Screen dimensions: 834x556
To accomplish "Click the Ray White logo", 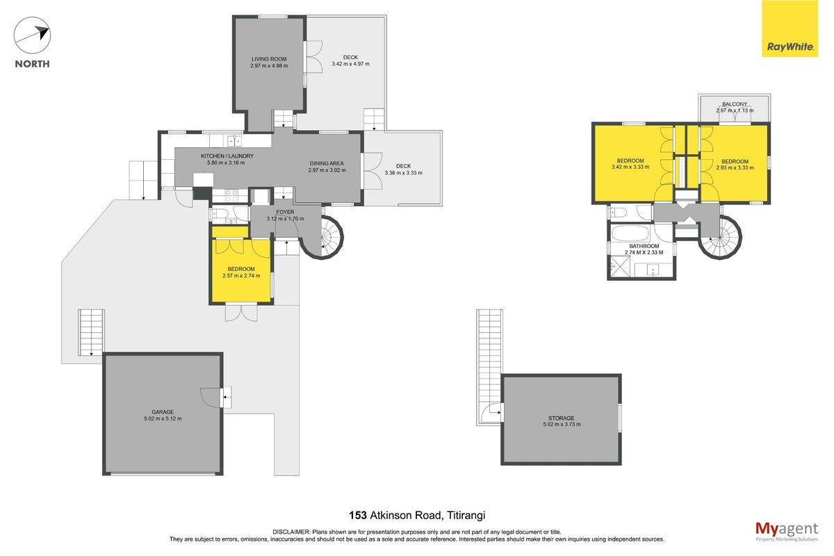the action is pyautogui.click(x=790, y=28).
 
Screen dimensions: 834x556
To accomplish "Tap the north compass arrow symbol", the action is pyautogui.click(x=32, y=35).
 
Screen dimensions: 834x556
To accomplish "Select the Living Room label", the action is pyautogui.click(x=269, y=59).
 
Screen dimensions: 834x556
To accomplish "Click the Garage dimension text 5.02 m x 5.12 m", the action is pyautogui.click(x=163, y=418).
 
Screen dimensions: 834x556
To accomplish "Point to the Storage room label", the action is pyautogui.click(x=561, y=418).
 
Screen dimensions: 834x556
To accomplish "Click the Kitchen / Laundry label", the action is pyautogui.click(x=227, y=156).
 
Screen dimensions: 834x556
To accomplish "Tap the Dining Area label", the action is pyautogui.click(x=327, y=163).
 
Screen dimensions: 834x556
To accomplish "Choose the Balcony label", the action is pyautogui.click(x=735, y=104).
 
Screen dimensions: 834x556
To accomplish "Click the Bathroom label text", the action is pyautogui.click(x=644, y=246).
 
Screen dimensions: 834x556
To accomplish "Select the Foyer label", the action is pyautogui.click(x=285, y=212).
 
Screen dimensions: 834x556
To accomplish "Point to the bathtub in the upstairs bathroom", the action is pyautogui.click(x=631, y=233).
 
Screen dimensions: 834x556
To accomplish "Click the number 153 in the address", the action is pyautogui.click(x=358, y=515).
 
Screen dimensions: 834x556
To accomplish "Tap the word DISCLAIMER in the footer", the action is pyautogui.click(x=291, y=532).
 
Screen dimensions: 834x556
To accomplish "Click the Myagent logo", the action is pyautogui.click(x=787, y=532).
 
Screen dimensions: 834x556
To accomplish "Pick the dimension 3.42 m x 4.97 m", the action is pyautogui.click(x=351, y=64).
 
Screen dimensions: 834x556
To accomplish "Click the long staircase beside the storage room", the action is pyautogui.click(x=489, y=367).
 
